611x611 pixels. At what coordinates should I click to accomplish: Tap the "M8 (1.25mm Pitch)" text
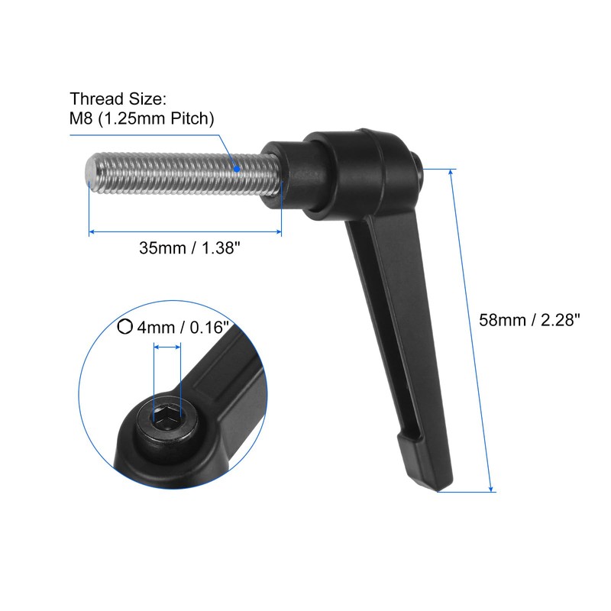click(142, 118)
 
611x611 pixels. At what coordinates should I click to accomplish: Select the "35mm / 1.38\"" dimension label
click(185, 247)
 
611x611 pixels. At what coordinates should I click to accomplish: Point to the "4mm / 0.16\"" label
click(183, 328)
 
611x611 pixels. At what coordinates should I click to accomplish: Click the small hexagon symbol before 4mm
click(124, 327)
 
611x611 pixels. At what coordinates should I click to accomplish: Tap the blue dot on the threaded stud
click(238, 168)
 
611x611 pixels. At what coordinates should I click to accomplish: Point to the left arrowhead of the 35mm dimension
click(92, 231)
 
